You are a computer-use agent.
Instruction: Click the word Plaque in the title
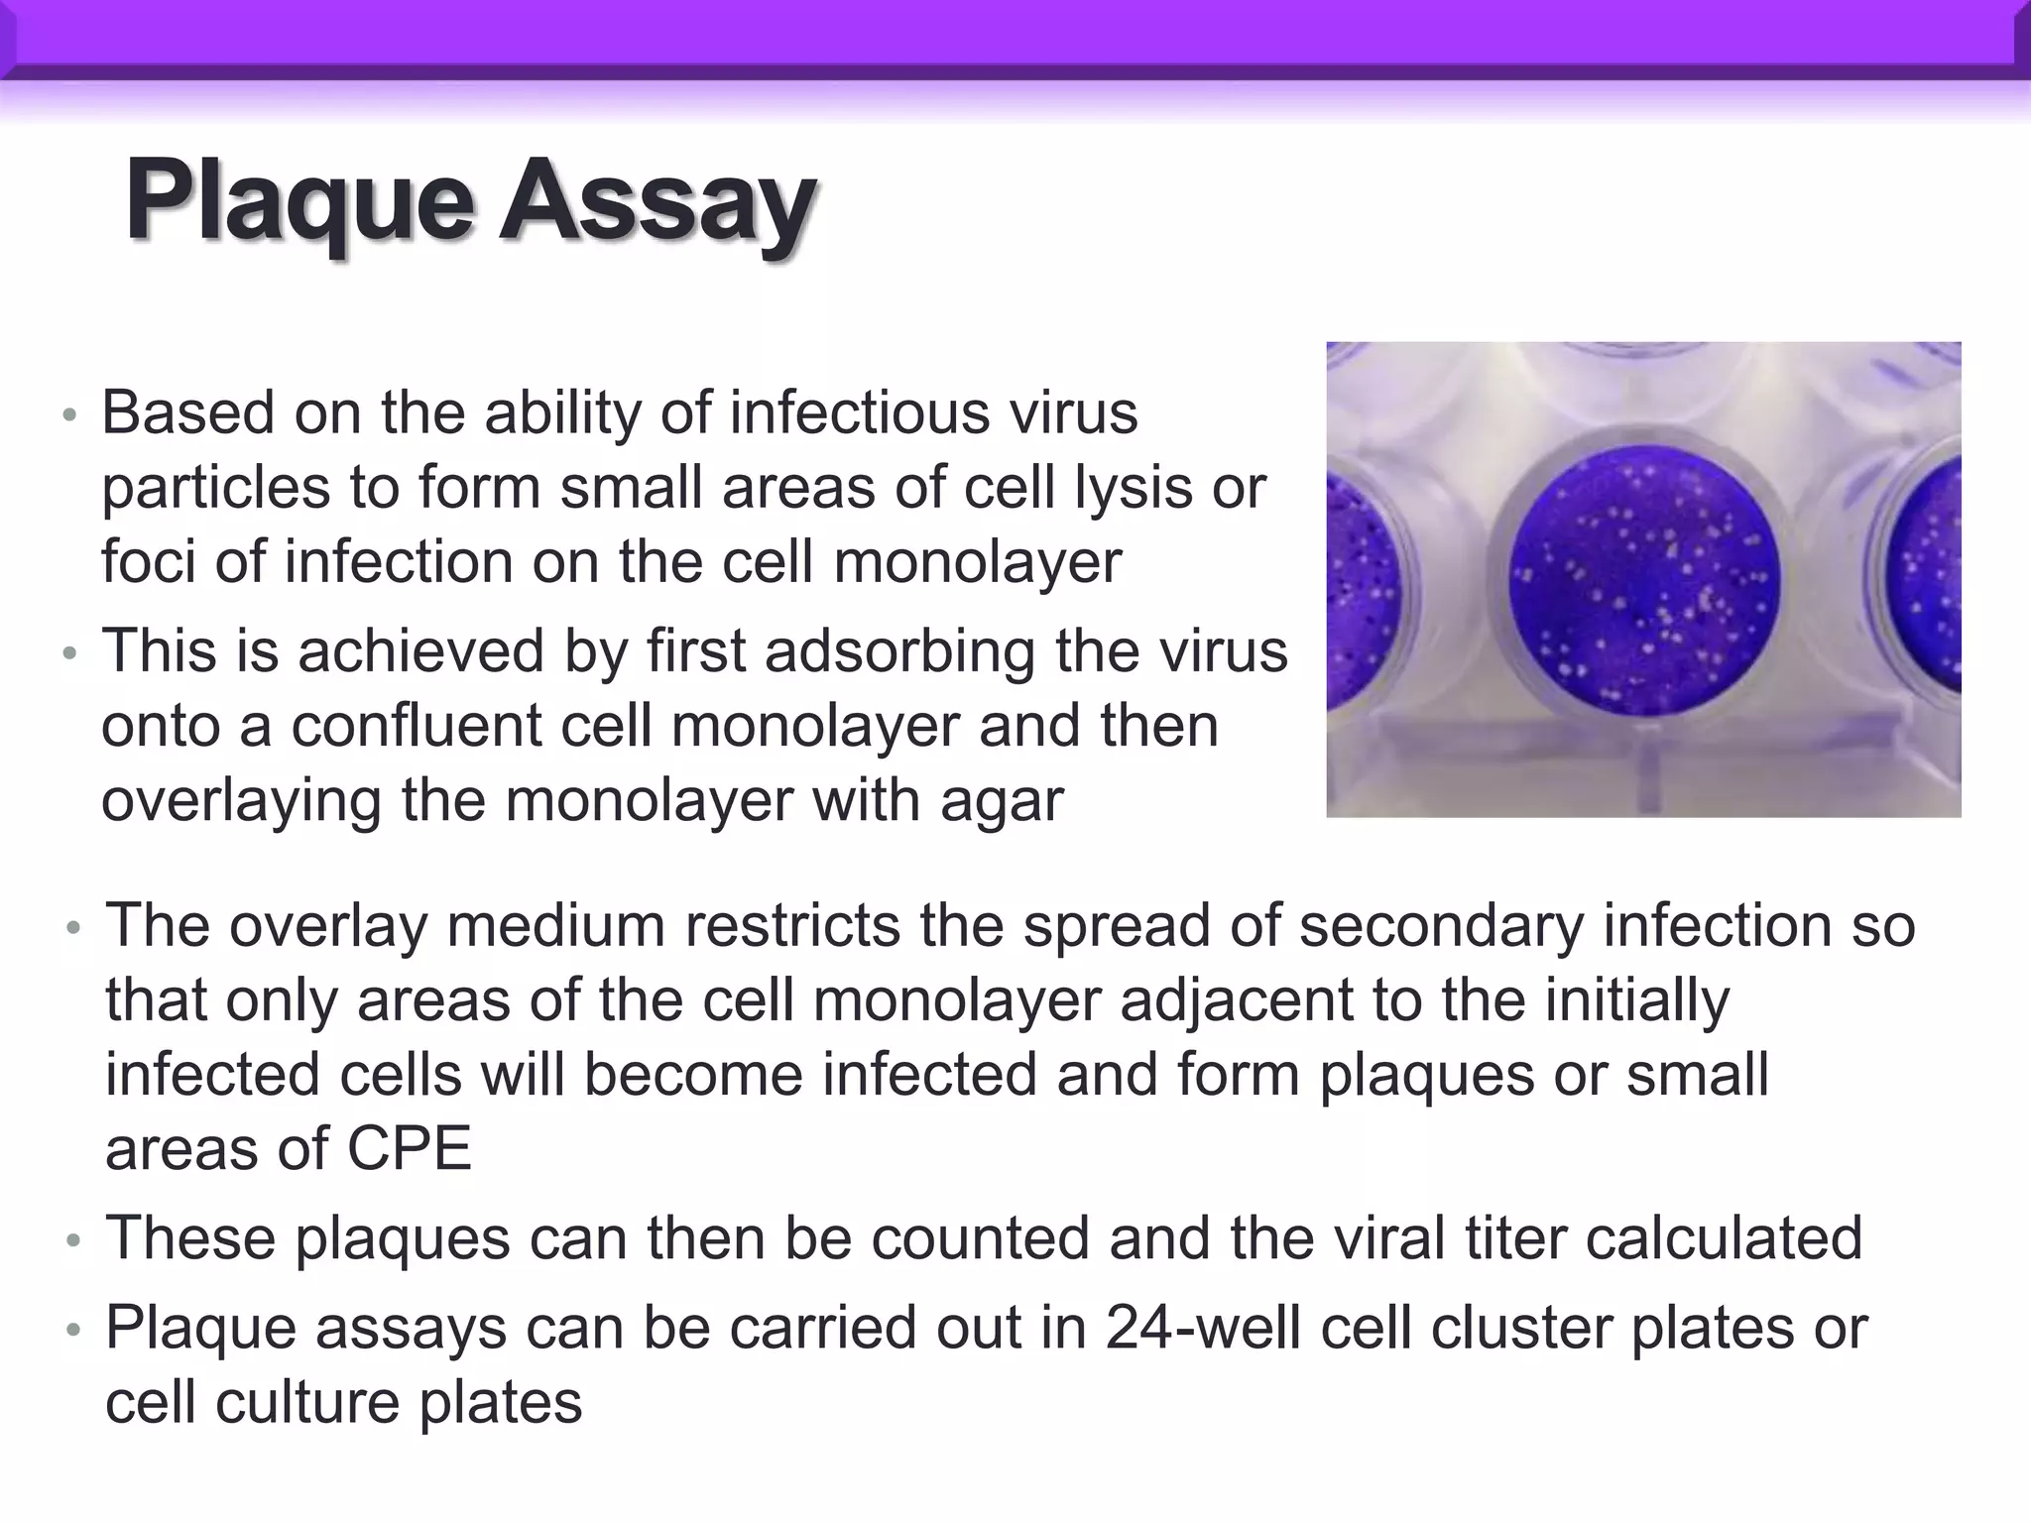coord(298,202)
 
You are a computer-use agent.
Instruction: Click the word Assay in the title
coord(657,202)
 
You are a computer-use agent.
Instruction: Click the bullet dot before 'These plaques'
coord(72,1241)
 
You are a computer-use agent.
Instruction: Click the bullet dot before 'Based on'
coord(68,415)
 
